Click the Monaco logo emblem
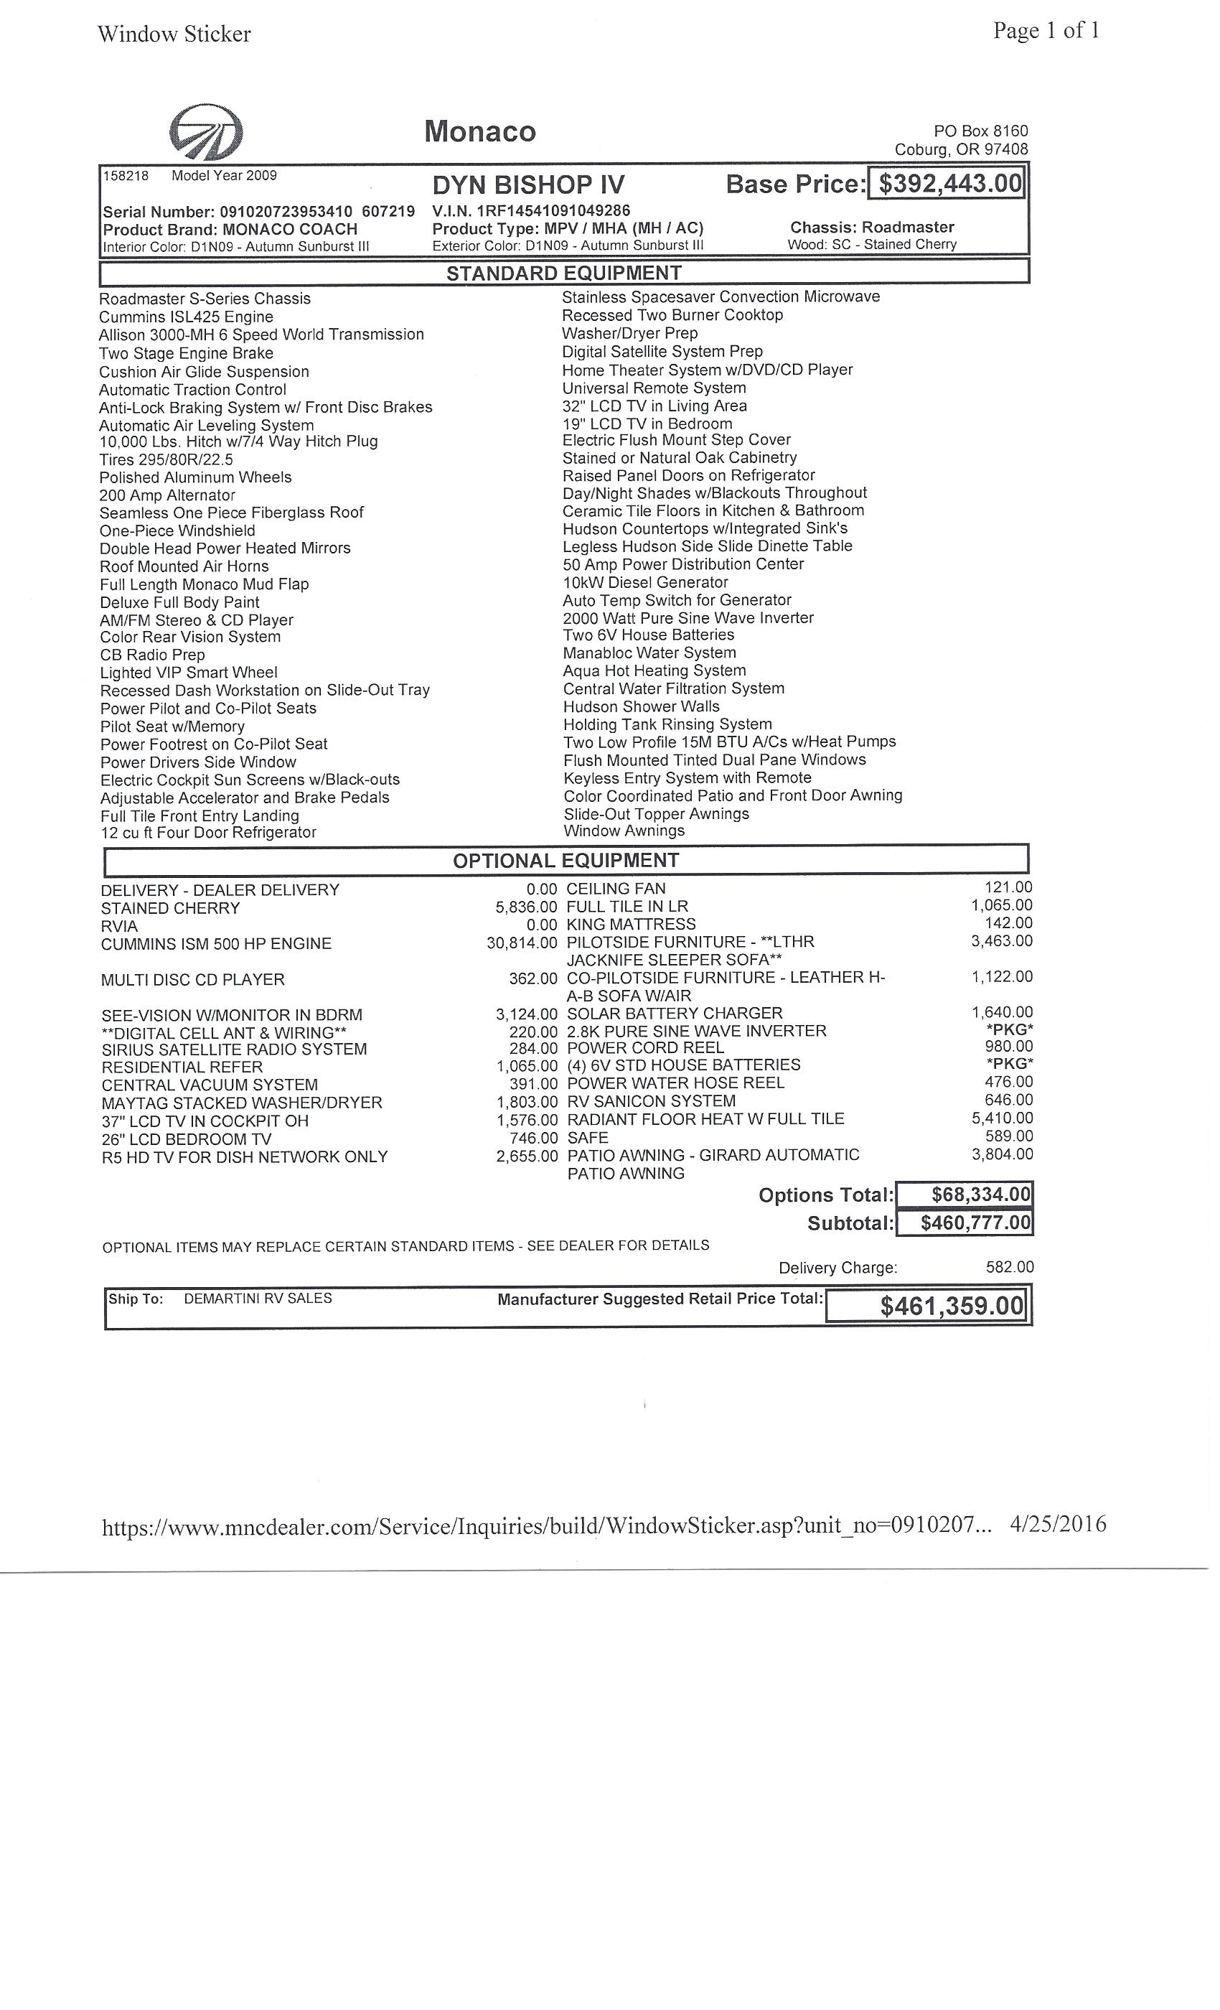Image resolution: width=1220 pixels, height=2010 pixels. [x=205, y=131]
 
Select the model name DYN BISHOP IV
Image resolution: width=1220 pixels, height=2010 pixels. [x=528, y=186]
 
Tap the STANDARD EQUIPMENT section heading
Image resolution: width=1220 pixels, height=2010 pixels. [x=563, y=273]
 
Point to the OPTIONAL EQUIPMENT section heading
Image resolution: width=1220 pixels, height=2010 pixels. [x=566, y=861]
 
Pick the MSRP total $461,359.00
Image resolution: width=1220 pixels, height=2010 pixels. [x=951, y=1306]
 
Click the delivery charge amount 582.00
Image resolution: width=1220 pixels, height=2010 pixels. [x=1009, y=1267]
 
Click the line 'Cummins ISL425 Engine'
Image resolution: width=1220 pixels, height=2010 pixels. [x=186, y=317]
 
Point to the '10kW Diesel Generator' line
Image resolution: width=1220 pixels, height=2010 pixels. [x=645, y=582]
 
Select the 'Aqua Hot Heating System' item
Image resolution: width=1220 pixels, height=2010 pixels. [x=654, y=670]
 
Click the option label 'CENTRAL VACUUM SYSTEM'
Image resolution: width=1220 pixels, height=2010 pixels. [x=210, y=1085]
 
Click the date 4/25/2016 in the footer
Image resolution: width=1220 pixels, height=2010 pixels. [x=1058, y=1524]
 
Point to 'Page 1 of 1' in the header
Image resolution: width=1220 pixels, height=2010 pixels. [x=1046, y=31]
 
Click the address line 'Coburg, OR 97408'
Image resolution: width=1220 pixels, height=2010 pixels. [x=961, y=149]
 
